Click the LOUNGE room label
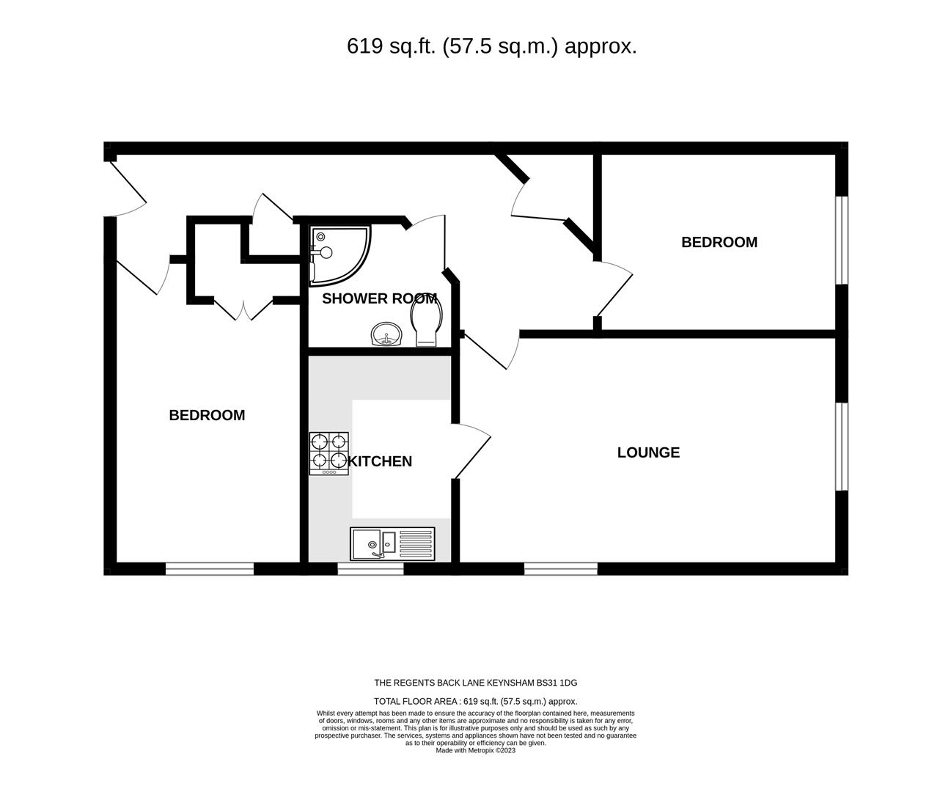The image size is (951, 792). click(x=648, y=452)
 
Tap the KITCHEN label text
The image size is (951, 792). click(x=380, y=461)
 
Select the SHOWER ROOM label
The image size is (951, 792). click(x=379, y=298)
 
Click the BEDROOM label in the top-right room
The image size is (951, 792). click(x=719, y=242)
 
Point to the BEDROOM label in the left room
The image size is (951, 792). click(x=207, y=415)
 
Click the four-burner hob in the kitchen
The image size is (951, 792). click(x=328, y=452)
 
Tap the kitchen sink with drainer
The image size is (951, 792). click(x=392, y=543)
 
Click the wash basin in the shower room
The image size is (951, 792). click(x=386, y=336)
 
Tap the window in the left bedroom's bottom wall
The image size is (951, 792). click(x=209, y=568)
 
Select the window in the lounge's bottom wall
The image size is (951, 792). click(x=560, y=568)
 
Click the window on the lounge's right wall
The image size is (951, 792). click(x=842, y=446)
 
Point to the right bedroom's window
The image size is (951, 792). click(x=842, y=240)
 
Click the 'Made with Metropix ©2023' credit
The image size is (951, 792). click(x=476, y=750)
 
